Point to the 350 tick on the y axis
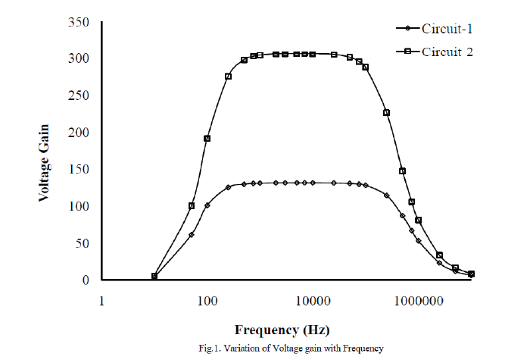78,22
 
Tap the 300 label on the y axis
78,59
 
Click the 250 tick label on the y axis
78,95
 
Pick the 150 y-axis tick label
78,170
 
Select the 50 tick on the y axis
81,243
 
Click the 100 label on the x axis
207,301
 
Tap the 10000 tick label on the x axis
313,301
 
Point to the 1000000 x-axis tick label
418,301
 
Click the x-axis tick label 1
101,301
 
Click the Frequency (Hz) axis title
282,330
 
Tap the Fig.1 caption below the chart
291,349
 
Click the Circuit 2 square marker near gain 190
207,139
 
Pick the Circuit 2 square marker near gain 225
386,113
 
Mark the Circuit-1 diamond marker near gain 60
191,235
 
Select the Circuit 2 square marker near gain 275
228,77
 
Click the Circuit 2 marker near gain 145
402,171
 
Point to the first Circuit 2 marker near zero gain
154,277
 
